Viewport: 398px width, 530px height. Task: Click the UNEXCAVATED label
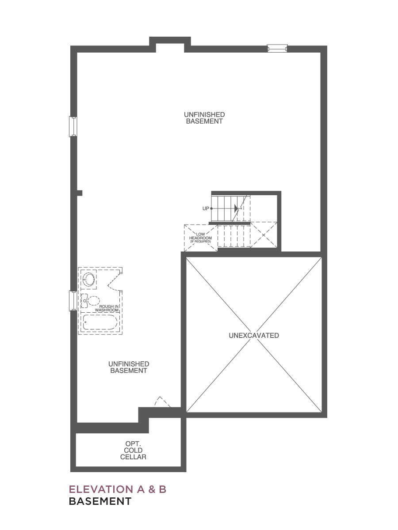pyautogui.click(x=254, y=335)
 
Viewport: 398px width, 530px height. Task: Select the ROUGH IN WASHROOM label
pyautogui.click(x=107, y=308)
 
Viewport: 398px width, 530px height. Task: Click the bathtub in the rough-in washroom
pyautogui.click(x=100, y=322)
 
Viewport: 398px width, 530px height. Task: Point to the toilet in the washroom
pyautogui.click(x=91, y=301)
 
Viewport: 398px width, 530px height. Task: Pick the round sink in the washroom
pyautogui.click(x=89, y=280)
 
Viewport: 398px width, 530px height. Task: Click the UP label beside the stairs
pyautogui.click(x=206, y=208)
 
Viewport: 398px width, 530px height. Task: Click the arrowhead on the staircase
pyautogui.click(x=236, y=208)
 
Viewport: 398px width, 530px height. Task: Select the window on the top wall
pyautogui.click(x=277, y=48)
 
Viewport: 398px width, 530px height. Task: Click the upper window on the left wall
pyautogui.click(x=73, y=126)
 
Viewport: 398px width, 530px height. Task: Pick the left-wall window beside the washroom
pyautogui.click(x=73, y=301)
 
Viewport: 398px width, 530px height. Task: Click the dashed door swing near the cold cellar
pyautogui.click(x=161, y=401)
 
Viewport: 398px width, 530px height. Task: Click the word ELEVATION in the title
pyautogui.click(x=101, y=489)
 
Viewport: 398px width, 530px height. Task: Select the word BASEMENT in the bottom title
pyautogui.click(x=100, y=501)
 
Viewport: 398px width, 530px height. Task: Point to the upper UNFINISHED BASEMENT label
pyautogui.click(x=204, y=118)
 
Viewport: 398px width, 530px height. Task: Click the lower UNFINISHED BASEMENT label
pyautogui.click(x=129, y=367)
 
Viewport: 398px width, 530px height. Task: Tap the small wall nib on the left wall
pyautogui.click(x=80, y=193)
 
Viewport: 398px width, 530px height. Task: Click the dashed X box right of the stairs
pyautogui.click(x=264, y=235)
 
